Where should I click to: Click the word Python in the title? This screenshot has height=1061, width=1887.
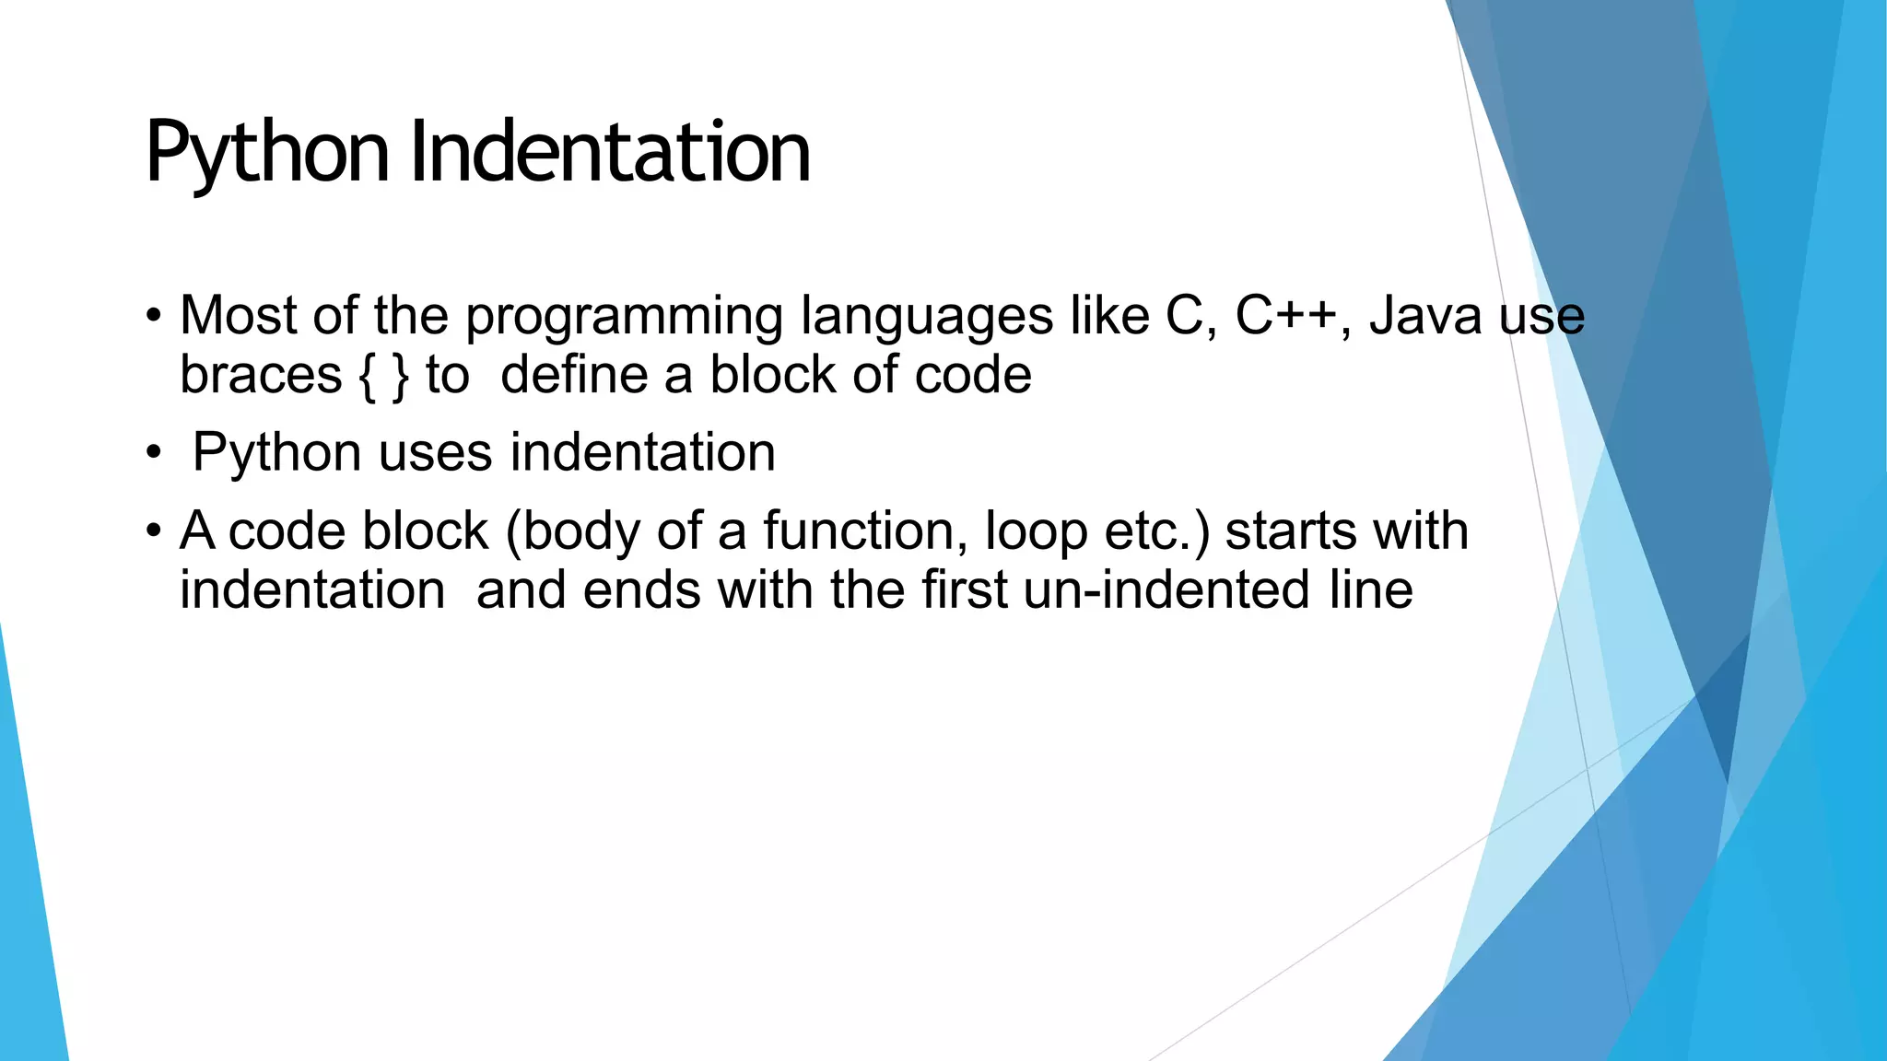tap(267, 153)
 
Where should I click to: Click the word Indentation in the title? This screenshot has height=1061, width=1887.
tap(610, 151)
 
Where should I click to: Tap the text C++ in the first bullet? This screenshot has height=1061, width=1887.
tap(1285, 315)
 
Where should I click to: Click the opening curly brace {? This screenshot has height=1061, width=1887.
tap(368, 376)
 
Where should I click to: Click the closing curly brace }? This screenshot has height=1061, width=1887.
tap(400, 376)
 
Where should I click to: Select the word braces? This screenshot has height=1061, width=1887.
tap(261, 375)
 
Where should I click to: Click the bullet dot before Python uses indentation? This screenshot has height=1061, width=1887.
tap(153, 453)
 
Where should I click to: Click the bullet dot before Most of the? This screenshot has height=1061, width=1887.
tap(153, 317)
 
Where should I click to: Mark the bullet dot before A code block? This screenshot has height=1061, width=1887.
tap(153, 531)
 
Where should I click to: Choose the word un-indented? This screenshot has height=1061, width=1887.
tap(1166, 589)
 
